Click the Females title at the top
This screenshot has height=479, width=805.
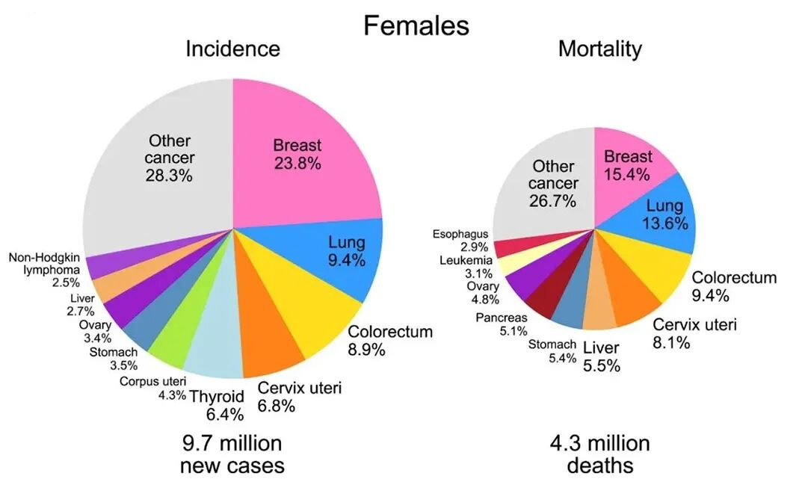tap(416, 25)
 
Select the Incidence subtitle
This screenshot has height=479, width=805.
tap(232, 49)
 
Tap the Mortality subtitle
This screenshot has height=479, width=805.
tap(599, 49)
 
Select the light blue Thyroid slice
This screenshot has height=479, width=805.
tap(215, 349)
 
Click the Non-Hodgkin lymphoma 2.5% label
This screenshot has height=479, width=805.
tap(44, 270)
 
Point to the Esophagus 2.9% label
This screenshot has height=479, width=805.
tap(460, 241)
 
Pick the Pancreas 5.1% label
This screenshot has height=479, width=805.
tap(502, 324)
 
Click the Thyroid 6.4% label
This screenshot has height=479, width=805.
tap(218, 405)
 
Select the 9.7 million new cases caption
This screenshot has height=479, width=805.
tap(232, 454)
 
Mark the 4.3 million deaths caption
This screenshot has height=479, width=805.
tap(599, 454)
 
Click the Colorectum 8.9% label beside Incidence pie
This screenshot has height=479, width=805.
tap(390, 341)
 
